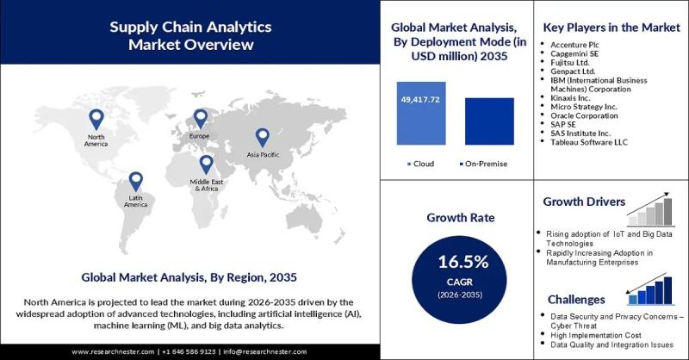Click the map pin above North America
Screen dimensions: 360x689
click(x=96, y=119)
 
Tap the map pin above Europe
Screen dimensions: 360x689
click(x=201, y=119)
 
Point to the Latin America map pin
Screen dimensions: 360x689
click(x=135, y=181)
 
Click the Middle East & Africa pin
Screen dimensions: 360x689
click(x=206, y=164)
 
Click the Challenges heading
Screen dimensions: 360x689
click(x=578, y=300)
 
